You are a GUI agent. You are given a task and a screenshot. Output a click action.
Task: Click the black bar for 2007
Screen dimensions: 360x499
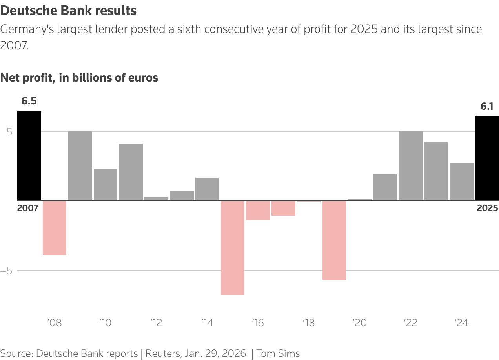29,155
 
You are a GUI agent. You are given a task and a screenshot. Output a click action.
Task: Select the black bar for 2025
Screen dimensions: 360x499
487,158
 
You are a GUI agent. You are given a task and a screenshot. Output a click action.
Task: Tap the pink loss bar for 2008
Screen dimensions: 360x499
55,228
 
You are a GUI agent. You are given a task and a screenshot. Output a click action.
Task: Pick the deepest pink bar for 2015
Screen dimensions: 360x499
233,247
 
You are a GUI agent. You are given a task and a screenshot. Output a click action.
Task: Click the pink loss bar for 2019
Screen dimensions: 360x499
334,240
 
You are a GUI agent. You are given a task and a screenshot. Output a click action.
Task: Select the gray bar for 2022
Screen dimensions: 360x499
411,166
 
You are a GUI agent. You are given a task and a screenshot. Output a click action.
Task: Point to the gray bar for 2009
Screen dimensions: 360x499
80,166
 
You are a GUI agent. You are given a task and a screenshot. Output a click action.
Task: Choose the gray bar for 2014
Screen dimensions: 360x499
207,189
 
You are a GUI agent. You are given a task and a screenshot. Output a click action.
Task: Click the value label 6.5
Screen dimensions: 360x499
29,101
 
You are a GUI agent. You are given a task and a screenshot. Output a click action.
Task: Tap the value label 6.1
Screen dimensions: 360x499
487,106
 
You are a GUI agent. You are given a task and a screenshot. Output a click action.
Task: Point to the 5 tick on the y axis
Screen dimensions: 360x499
9,132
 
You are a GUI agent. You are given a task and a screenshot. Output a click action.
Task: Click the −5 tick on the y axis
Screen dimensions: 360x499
8,271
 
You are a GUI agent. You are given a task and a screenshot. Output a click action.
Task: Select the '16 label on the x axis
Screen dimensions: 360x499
258,323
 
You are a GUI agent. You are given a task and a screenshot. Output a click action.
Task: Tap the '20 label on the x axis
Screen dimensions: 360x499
359,323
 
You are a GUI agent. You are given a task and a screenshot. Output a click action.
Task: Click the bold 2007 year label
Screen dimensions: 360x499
27,208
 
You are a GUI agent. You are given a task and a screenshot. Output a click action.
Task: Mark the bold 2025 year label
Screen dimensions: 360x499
487,208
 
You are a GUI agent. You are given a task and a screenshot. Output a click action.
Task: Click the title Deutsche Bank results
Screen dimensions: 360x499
69,11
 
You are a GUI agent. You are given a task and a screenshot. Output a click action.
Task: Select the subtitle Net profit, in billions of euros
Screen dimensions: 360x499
79,78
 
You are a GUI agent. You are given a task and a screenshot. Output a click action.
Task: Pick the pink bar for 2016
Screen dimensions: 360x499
258,210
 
